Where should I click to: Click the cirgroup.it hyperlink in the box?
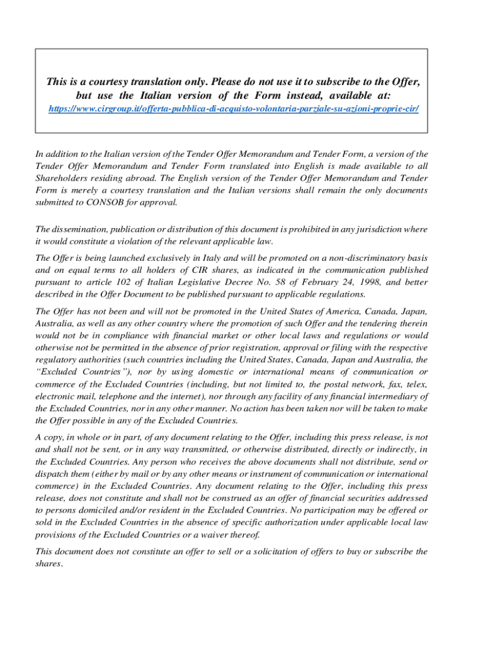234,109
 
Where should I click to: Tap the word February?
302,282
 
